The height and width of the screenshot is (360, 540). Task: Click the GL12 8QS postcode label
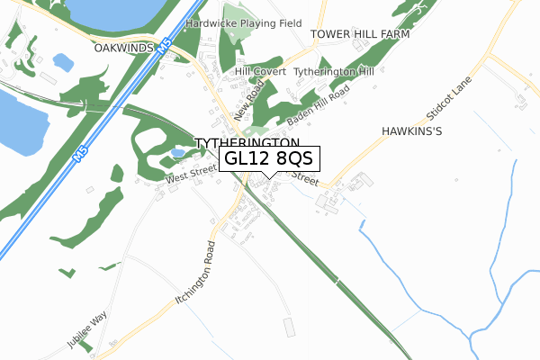coord(268,158)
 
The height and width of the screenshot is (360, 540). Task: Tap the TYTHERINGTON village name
coord(247,143)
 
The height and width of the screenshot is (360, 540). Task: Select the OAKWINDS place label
coord(125,47)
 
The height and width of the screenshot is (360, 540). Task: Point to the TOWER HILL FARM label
coord(360,34)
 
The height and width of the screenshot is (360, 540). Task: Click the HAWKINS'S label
coord(413,130)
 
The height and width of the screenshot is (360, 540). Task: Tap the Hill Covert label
coord(260,71)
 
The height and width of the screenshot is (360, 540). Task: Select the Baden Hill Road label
coord(319,107)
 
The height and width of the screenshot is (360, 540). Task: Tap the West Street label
coord(191,175)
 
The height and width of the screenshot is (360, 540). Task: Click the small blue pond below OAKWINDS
coord(64,62)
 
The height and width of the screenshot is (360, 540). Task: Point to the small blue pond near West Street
coord(178,154)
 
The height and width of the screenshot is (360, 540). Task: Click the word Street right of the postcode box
coord(304,180)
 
